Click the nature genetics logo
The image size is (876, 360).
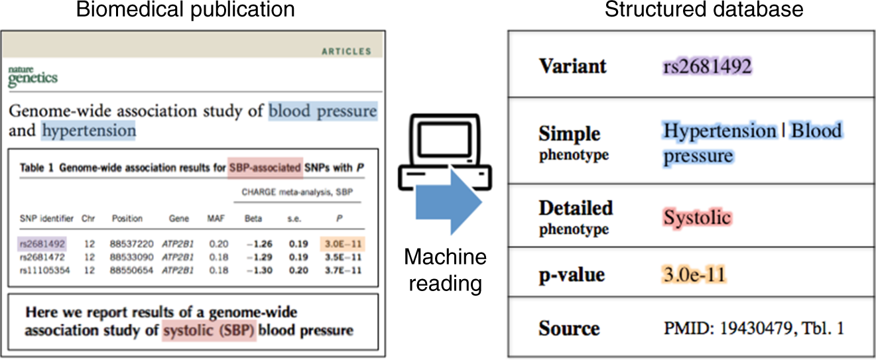pos(32,76)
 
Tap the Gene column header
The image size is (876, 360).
pos(179,218)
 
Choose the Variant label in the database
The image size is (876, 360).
pos(572,66)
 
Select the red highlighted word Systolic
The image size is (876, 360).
pos(697,217)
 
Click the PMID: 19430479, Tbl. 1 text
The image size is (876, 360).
pos(754,328)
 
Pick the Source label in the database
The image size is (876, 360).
pos(569,328)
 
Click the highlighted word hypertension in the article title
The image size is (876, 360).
pos(89,131)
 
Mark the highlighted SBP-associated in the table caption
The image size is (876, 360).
pos(265,168)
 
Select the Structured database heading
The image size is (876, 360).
pos(691,10)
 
